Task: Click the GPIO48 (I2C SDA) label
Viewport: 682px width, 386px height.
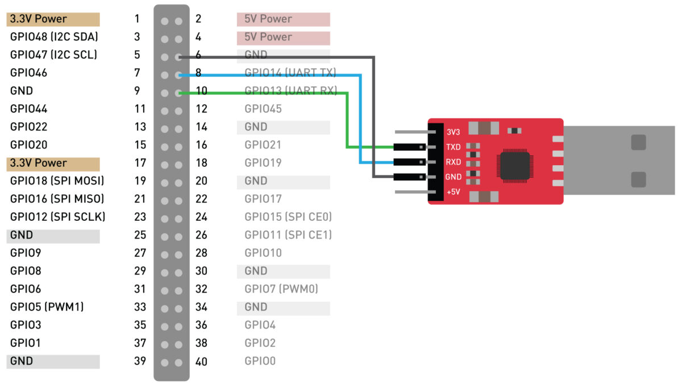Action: click(54, 37)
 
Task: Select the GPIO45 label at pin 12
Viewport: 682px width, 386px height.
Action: click(263, 109)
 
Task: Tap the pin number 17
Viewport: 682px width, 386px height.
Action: click(140, 163)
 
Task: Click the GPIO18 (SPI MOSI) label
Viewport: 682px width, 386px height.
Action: click(57, 181)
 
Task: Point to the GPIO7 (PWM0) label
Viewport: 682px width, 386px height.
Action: click(281, 289)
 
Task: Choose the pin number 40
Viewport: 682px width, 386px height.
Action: click(201, 362)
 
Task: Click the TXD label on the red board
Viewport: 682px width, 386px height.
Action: click(454, 147)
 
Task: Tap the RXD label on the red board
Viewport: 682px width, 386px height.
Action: click(454, 162)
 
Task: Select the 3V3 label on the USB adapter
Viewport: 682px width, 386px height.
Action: click(453, 132)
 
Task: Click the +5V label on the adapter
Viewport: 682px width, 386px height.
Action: click(453, 192)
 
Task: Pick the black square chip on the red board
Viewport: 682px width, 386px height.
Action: click(515, 166)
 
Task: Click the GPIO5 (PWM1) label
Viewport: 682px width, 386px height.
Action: click(47, 307)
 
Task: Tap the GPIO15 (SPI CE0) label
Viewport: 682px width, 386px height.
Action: click(288, 217)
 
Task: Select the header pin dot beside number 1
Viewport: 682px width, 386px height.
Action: click(165, 21)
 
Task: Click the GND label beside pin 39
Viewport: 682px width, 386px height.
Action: click(22, 361)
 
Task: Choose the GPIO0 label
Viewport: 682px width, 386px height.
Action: click(260, 361)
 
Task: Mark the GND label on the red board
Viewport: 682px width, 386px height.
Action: click(454, 177)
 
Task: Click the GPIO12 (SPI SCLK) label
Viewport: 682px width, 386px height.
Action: click(58, 217)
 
